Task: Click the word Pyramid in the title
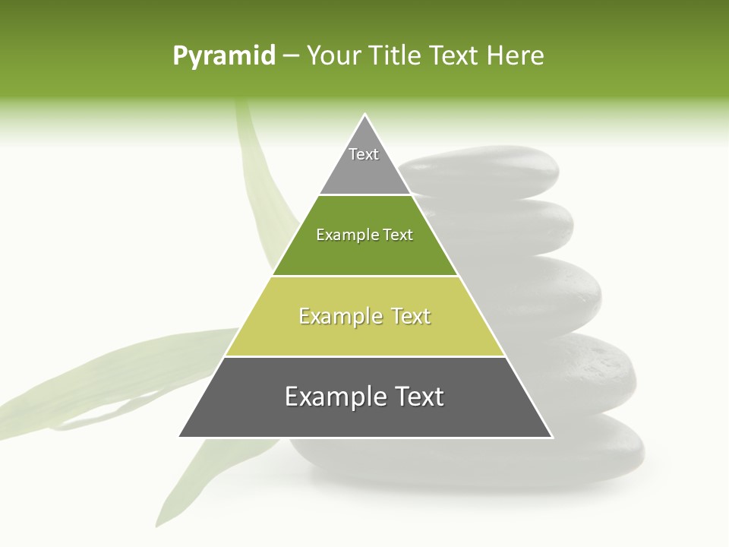point(223,56)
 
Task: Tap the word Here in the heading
point(516,56)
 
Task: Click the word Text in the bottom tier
point(417,397)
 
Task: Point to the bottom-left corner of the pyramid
point(180,436)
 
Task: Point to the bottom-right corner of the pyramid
point(551,436)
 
